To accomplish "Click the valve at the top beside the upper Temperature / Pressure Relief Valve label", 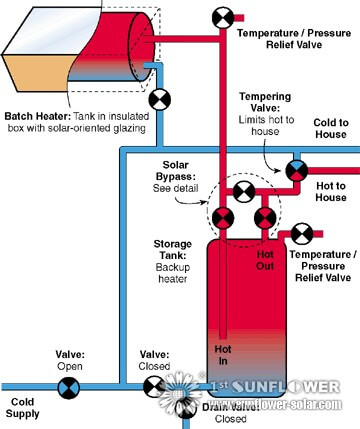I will point(219,17).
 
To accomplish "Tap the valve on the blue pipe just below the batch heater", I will point(158,99).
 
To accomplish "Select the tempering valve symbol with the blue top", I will point(297,169).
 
